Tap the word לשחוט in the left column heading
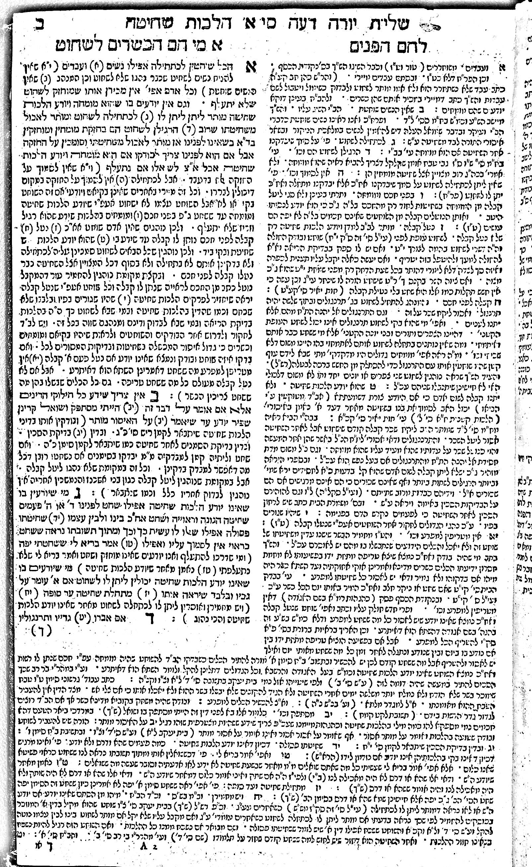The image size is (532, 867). [81, 46]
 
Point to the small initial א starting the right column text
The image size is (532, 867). [502, 68]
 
